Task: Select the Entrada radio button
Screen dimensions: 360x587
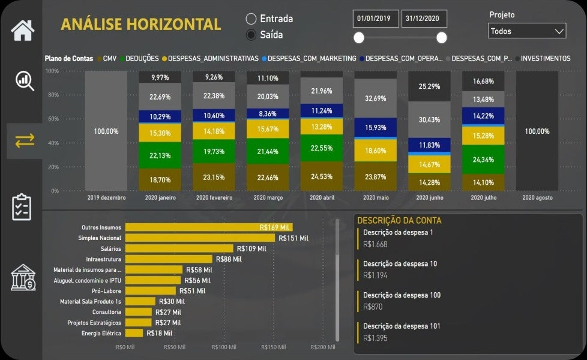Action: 251,19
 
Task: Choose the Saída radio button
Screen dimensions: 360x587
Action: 251,35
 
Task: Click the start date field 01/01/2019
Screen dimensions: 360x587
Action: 373,19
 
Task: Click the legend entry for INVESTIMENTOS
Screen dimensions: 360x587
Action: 545,58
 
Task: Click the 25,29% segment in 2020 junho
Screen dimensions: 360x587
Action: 429,86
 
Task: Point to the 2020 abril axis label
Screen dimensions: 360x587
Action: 321,197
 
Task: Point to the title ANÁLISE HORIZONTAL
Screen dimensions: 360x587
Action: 141,25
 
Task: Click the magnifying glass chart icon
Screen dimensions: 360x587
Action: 24,80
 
